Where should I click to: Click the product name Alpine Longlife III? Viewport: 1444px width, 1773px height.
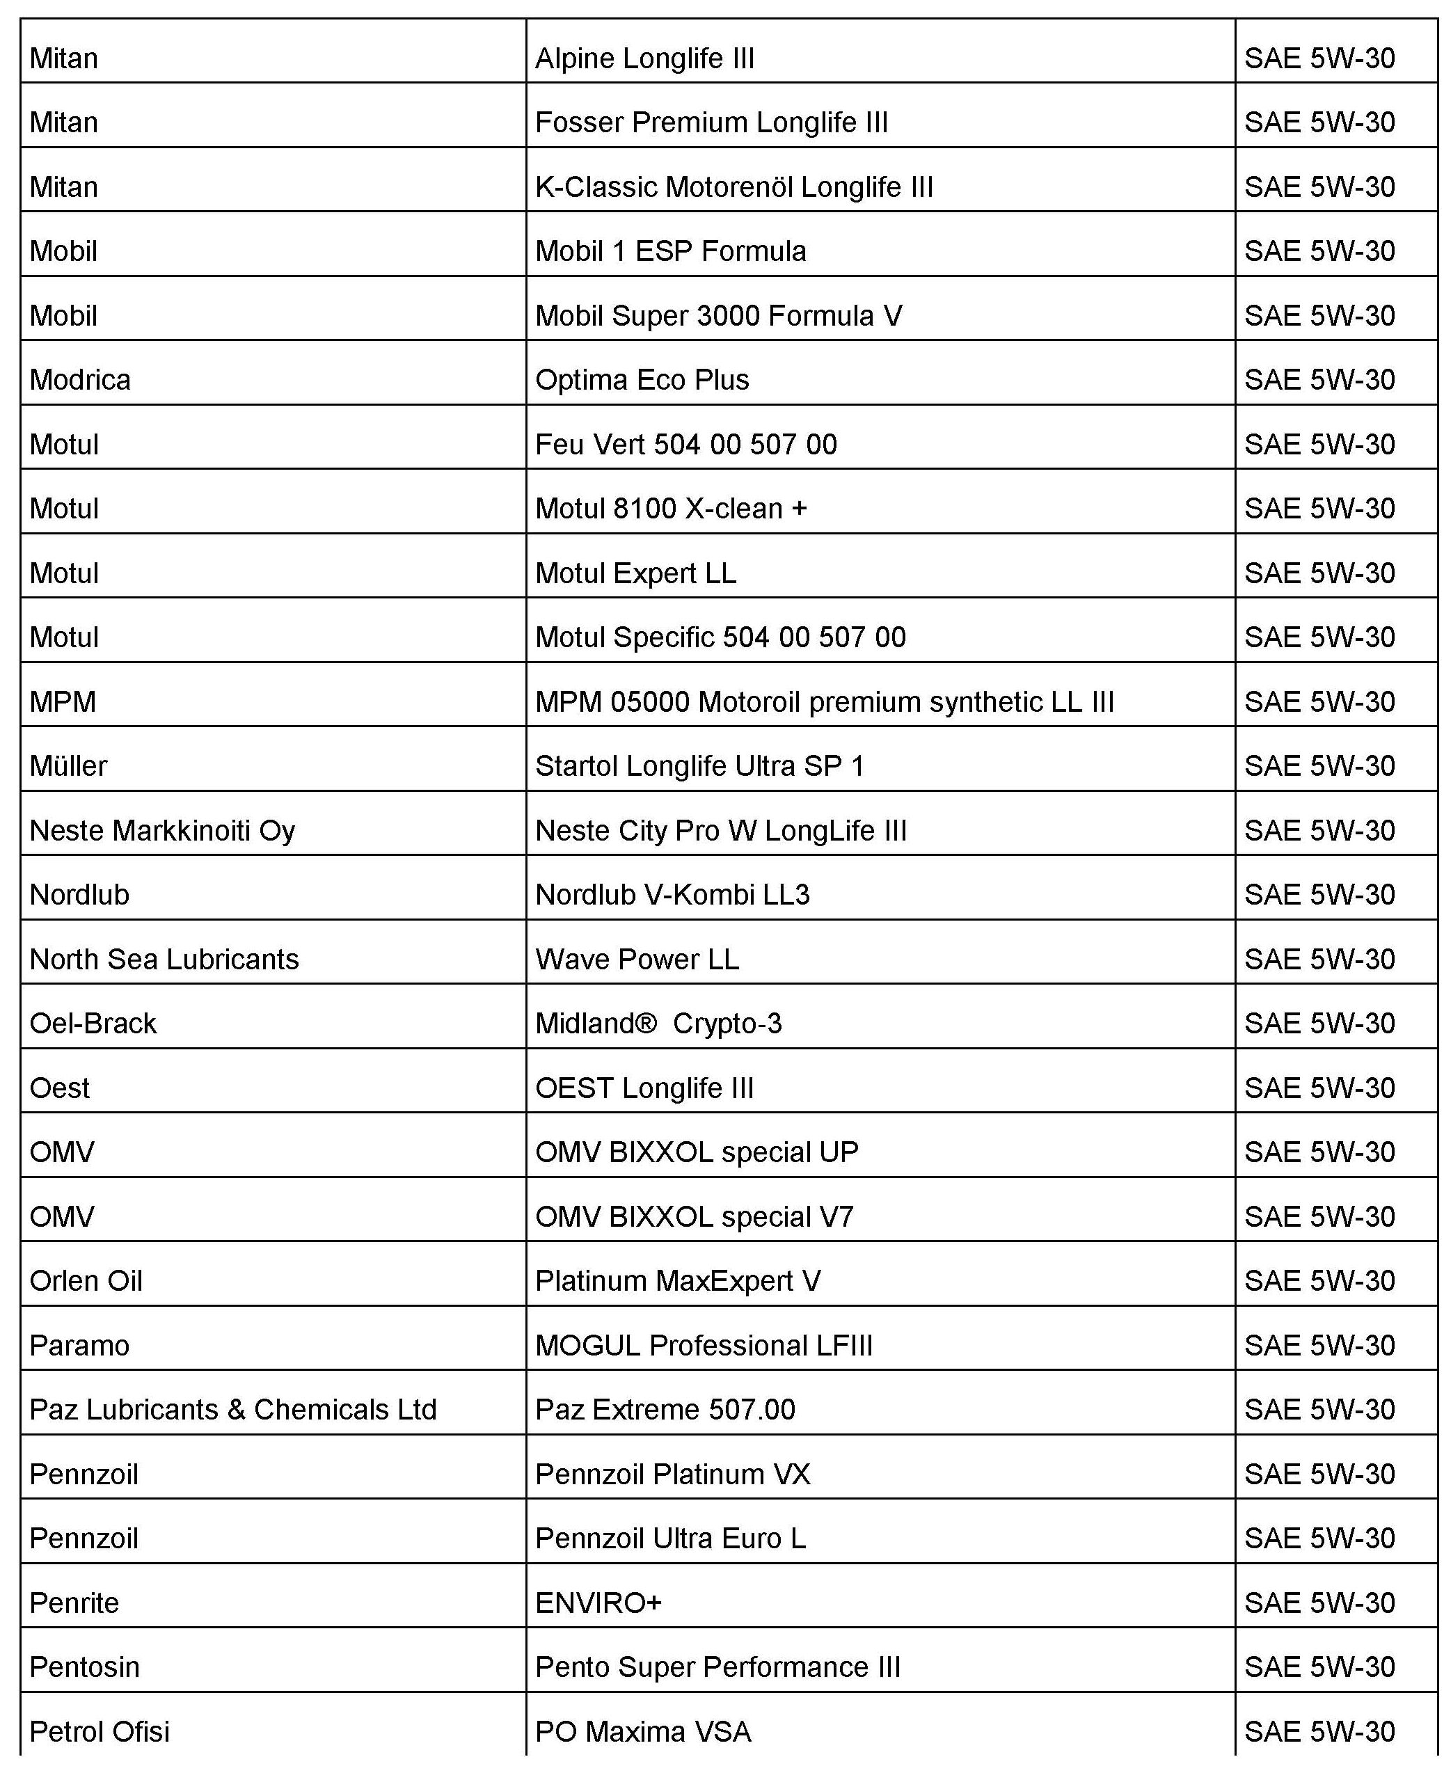pyautogui.click(x=644, y=59)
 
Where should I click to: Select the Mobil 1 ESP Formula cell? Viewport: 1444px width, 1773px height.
pyautogui.click(x=670, y=251)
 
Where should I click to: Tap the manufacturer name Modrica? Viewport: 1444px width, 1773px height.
pyautogui.click(x=80, y=380)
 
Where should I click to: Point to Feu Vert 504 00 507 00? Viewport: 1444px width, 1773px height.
pyautogui.click(x=685, y=444)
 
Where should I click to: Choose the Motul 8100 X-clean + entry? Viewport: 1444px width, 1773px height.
pyautogui.click(x=670, y=508)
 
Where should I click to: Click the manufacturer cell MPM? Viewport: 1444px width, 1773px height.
pyautogui.click(x=63, y=702)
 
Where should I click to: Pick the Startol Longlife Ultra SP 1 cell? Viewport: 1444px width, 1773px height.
pyautogui.click(x=699, y=766)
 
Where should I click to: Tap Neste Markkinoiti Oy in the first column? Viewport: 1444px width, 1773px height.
pyautogui.click(x=162, y=831)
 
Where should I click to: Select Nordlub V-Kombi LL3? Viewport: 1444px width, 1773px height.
pyautogui.click(x=672, y=895)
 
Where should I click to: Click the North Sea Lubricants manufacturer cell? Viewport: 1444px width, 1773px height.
pyautogui.click(x=164, y=960)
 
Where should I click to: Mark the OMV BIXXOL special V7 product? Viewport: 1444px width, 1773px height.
pyautogui.click(x=694, y=1216)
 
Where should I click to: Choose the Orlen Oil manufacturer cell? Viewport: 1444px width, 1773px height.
pyautogui.click(x=86, y=1280)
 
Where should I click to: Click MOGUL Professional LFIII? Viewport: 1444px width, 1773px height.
pyautogui.click(x=704, y=1346)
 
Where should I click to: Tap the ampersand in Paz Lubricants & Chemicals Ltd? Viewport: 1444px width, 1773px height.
pyautogui.click(x=236, y=1410)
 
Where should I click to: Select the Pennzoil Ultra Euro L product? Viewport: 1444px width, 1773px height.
pyautogui.click(x=670, y=1539)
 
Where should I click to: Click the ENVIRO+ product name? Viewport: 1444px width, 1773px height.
pyautogui.click(x=598, y=1603)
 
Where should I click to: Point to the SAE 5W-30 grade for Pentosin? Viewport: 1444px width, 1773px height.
pyautogui.click(x=1319, y=1667)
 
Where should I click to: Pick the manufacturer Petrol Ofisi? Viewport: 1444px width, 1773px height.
pyautogui.click(x=99, y=1731)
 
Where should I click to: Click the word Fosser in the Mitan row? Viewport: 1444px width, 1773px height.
pyautogui.click(x=579, y=123)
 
